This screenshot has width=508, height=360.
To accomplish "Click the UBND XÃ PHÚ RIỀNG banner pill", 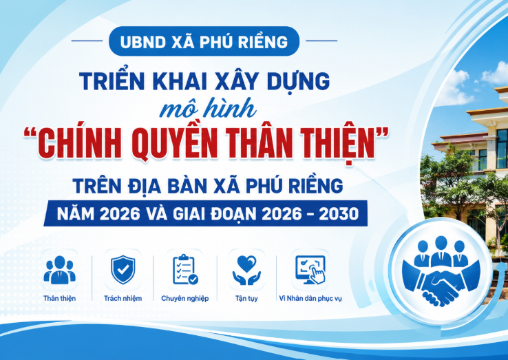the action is tap(204, 41).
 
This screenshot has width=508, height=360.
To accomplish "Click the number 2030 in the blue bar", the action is tap(339, 213).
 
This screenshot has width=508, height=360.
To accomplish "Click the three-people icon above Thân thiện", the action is tap(60, 270).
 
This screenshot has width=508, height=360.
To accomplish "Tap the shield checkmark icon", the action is tap(123, 270).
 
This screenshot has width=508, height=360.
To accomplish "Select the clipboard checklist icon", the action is tap(185, 269).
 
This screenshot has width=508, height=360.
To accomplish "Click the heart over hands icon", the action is tap(246, 270).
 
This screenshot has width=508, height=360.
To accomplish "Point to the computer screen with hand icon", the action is tap(310, 270).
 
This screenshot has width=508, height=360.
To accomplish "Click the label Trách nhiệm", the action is tap(123, 298).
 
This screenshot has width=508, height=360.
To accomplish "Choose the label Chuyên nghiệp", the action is tap(185, 299).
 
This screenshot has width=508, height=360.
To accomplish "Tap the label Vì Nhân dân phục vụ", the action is tap(310, 299).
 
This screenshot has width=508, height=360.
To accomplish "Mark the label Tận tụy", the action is tap(246, 299).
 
